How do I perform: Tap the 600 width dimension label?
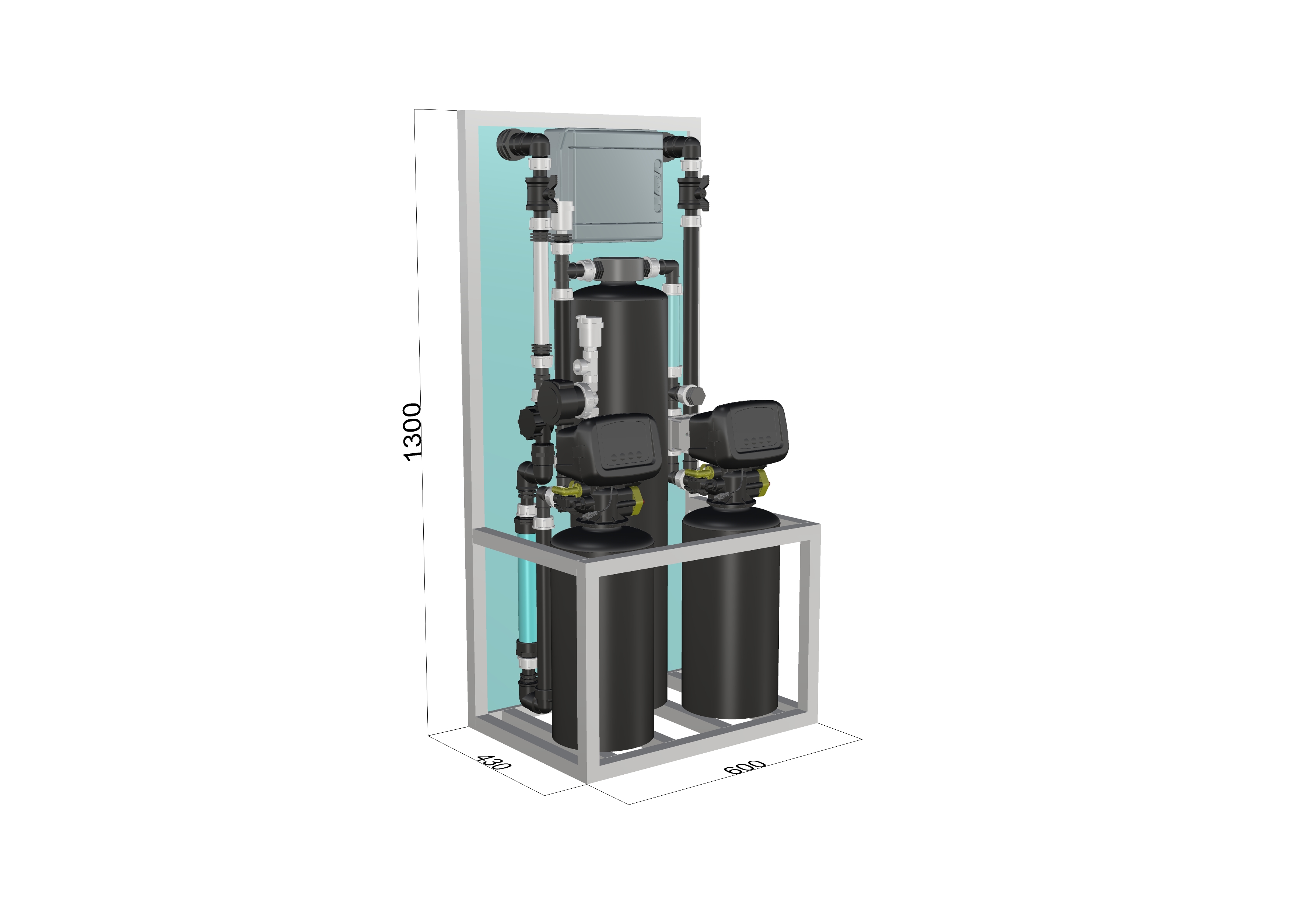coord(745,767)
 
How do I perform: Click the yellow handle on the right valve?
coord(698,472)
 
